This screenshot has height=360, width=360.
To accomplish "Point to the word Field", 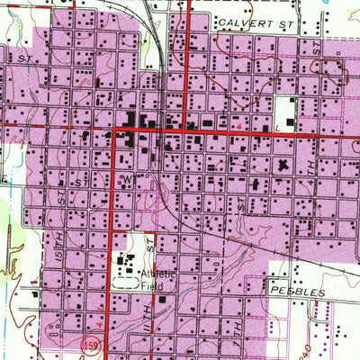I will pos(152,283).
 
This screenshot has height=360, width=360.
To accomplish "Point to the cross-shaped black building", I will pos(285,165).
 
